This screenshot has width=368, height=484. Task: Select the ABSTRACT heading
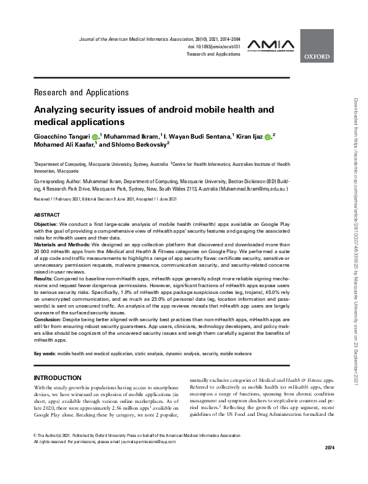tap(47, 214)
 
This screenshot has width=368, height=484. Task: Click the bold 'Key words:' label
tap(45, 353)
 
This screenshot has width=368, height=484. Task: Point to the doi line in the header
tap(213, 46)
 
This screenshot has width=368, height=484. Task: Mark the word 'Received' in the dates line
tap(44, 198)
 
